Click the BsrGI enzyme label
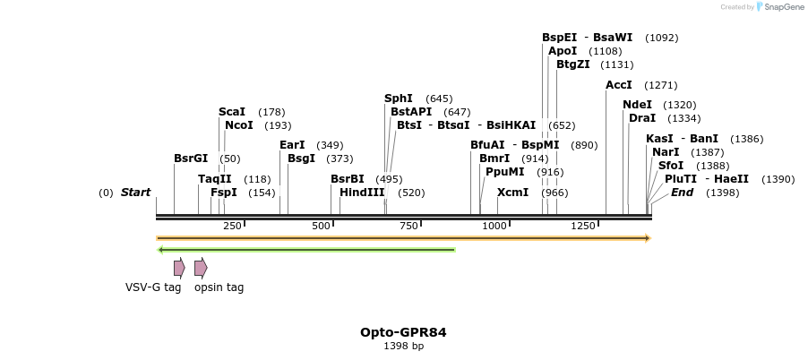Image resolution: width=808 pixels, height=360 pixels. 191,159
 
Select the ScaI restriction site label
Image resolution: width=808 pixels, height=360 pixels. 232,112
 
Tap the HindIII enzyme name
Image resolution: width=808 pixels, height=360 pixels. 362,193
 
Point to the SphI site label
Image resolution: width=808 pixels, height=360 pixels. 399,99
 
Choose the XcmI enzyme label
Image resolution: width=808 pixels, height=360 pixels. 512,193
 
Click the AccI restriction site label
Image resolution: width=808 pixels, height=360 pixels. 619,85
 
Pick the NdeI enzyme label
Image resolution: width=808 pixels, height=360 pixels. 638,105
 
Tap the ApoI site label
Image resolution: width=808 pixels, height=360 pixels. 563,51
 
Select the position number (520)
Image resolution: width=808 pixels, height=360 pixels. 411,193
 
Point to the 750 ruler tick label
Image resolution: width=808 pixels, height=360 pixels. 409,226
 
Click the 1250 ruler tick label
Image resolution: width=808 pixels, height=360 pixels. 583,226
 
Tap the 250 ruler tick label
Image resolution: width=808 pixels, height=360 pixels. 232,226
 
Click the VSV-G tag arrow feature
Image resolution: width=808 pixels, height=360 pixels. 179,267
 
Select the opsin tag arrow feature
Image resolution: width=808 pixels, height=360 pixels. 201,267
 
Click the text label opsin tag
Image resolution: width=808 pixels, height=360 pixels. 219,287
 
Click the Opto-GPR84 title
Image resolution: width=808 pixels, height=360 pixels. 403,332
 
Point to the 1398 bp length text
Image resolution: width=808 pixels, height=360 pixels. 403,347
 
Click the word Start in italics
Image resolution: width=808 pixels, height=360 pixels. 135,193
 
